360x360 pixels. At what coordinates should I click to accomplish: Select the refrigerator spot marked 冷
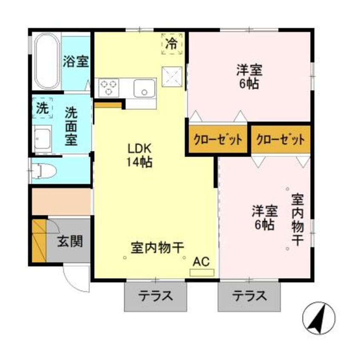coord(171,43)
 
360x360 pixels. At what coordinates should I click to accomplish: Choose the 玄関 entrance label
coord(70,242)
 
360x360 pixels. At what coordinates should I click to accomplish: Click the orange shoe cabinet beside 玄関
coord(39,241)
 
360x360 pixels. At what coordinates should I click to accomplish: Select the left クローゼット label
coord(217,140)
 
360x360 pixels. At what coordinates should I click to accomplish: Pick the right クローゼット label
coord(280,140)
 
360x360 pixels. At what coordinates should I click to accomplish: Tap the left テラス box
coord(155,296)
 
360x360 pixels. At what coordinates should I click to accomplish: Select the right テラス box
coord(249,296)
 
